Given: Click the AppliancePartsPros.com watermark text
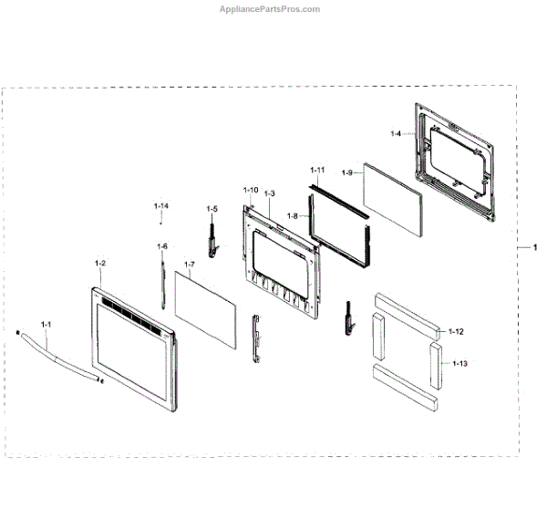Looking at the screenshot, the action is tap(271, 10).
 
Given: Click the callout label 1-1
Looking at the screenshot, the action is tap(46, 323).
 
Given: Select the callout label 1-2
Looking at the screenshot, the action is tap(100, 263).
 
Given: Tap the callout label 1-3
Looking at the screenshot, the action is tap(269, 193).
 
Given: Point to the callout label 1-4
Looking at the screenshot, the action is tap(396, 134).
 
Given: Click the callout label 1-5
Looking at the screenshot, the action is tap(212, 209).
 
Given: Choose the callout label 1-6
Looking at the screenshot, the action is tap(162, 246).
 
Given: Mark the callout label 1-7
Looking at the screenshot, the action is tap(293, 215).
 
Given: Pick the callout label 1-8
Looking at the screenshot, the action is tap(347, 172).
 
